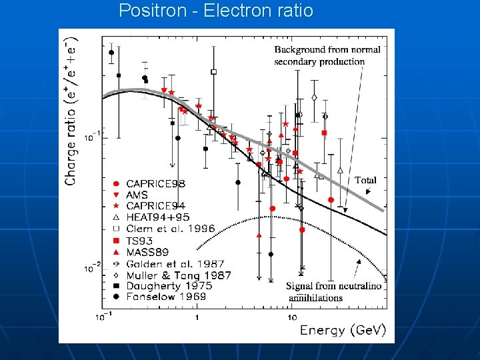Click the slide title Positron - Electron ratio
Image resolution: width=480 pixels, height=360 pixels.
pos(215,11)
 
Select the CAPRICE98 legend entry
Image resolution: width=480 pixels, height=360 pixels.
pos(155,183)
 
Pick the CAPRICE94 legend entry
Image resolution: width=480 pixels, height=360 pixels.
pos(155,206)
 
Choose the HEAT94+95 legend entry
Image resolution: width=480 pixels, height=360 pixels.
pos(157,217)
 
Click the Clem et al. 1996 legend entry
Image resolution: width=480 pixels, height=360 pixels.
pos(171,229)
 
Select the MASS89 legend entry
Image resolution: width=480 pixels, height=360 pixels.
pos(148,252)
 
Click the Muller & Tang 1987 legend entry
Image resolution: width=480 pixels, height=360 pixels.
pos(178,275)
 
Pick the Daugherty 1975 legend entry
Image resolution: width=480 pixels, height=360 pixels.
pos(169,285)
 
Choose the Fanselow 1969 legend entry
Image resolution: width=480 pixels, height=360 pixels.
pos(166,296)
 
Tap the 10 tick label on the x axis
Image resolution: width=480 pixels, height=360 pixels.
pos(292,317)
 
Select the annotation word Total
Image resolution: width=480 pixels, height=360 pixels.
pos(365,180)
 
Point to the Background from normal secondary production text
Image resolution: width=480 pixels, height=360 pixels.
pos(327,55)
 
